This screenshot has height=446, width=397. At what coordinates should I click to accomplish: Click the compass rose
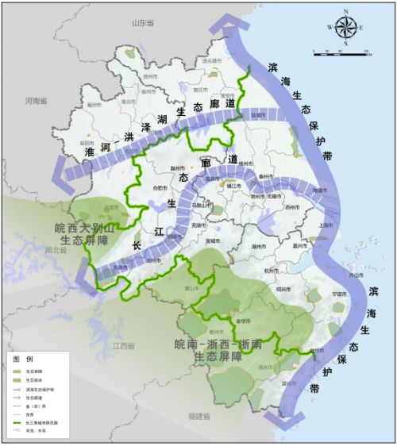coord(346,27)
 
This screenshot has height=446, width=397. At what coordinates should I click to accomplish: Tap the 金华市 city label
coord(243,321)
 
